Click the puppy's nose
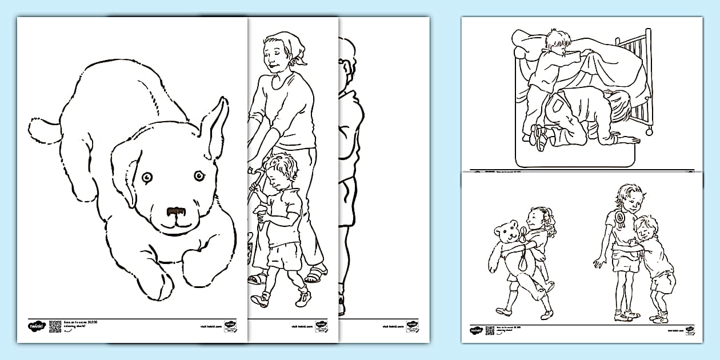175,213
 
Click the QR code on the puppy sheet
55,326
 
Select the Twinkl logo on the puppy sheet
35,326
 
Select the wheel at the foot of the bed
650,133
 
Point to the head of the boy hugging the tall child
646,227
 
